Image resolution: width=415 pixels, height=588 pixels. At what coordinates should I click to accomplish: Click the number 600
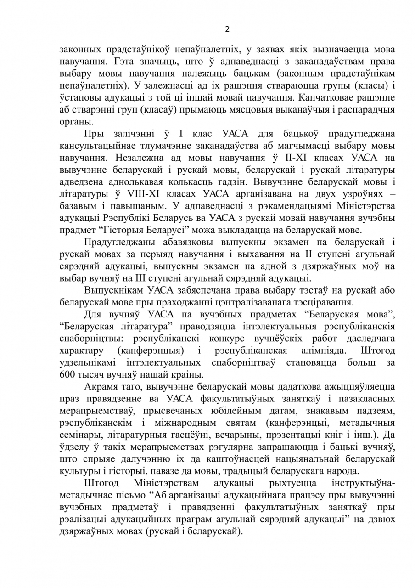pyautogui.click(x=67, y=374)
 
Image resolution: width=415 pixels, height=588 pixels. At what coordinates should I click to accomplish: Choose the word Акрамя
pyautogui.click(x=100, y=386)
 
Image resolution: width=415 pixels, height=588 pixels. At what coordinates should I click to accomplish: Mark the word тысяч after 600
pyautogui.click(x=94, y=374)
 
